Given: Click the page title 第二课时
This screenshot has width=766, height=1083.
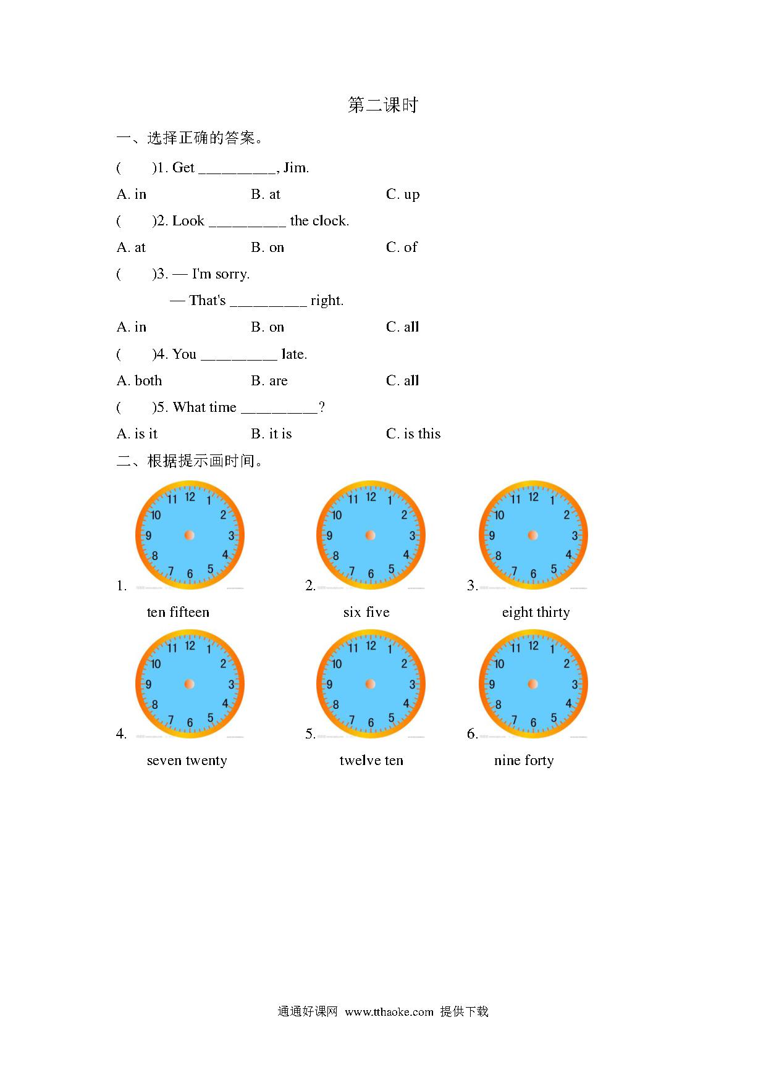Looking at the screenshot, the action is pos(383,105).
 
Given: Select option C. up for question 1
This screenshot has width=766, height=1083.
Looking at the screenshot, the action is pos(403,194).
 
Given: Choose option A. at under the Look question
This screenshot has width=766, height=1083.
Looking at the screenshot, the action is pos(131,248).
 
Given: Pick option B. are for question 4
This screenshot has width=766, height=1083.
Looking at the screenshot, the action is pos(269,381).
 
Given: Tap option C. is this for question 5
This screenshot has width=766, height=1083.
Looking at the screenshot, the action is pos(413,434).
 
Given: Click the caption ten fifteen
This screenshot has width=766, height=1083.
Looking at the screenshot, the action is pos(178,613).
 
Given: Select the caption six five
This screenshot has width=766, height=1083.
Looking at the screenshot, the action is pos(366,613).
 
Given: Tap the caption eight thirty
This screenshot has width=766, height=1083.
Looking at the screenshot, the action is pos(536,613).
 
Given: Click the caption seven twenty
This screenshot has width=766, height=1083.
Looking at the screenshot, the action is pos(187,761).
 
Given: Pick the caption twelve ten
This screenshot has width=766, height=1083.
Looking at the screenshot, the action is pos(371,761).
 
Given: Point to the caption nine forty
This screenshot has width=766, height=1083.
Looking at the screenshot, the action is pos(524,761).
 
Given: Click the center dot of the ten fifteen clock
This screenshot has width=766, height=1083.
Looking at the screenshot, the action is pos(190,535).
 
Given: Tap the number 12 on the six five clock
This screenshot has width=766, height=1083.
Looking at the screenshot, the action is pos(371,497).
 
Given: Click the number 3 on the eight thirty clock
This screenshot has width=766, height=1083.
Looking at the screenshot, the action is pos(574,536).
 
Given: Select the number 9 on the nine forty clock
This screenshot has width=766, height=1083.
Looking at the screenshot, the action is pos(492,685).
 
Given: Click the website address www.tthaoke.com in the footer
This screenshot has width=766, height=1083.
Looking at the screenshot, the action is pos(389,1012).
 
